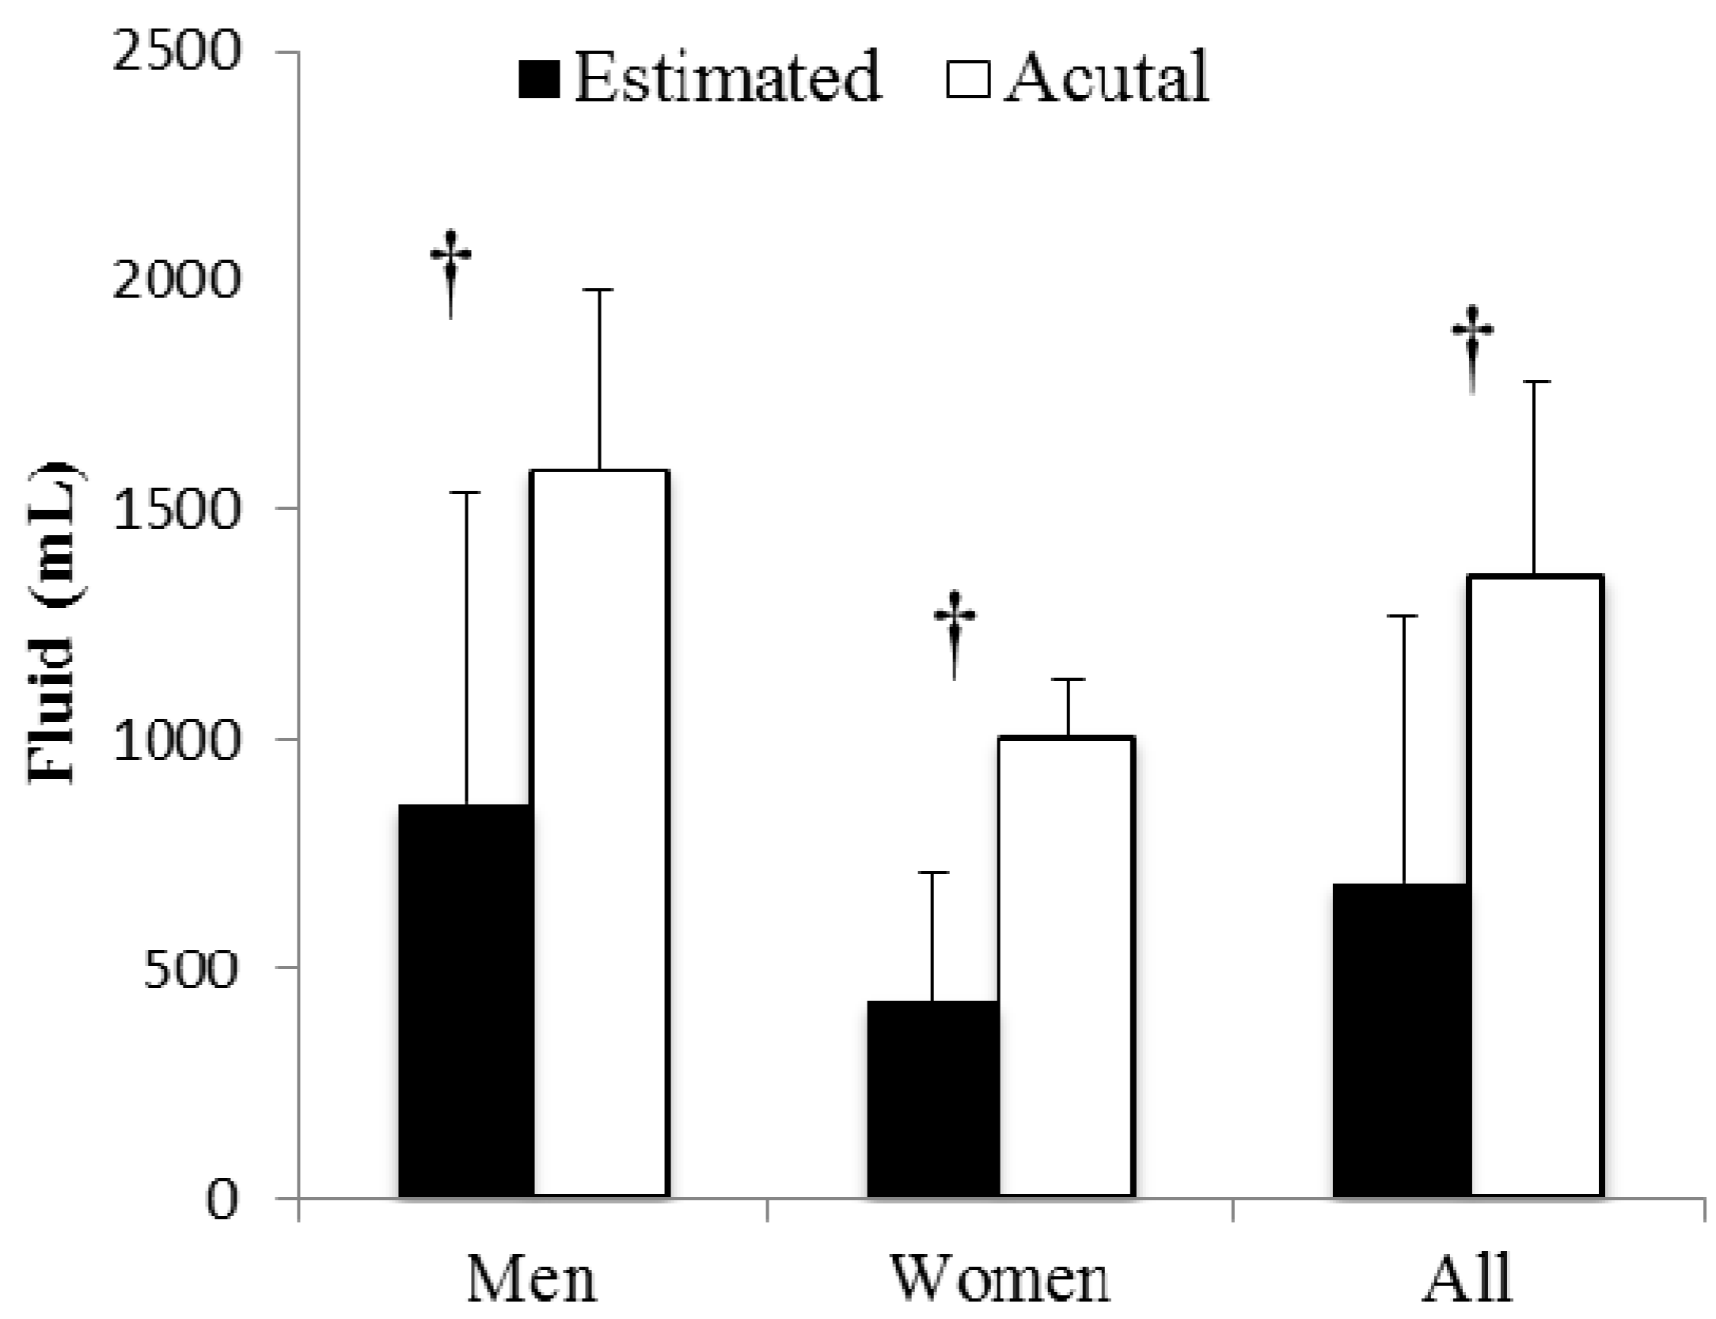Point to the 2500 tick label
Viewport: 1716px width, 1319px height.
176,54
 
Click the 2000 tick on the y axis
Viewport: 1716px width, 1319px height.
176,280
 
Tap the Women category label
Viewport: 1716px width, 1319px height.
1000,1278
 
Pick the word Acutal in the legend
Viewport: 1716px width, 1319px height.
1106,78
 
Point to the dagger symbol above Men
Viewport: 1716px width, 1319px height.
451,273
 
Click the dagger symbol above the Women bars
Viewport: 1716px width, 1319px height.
955,634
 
